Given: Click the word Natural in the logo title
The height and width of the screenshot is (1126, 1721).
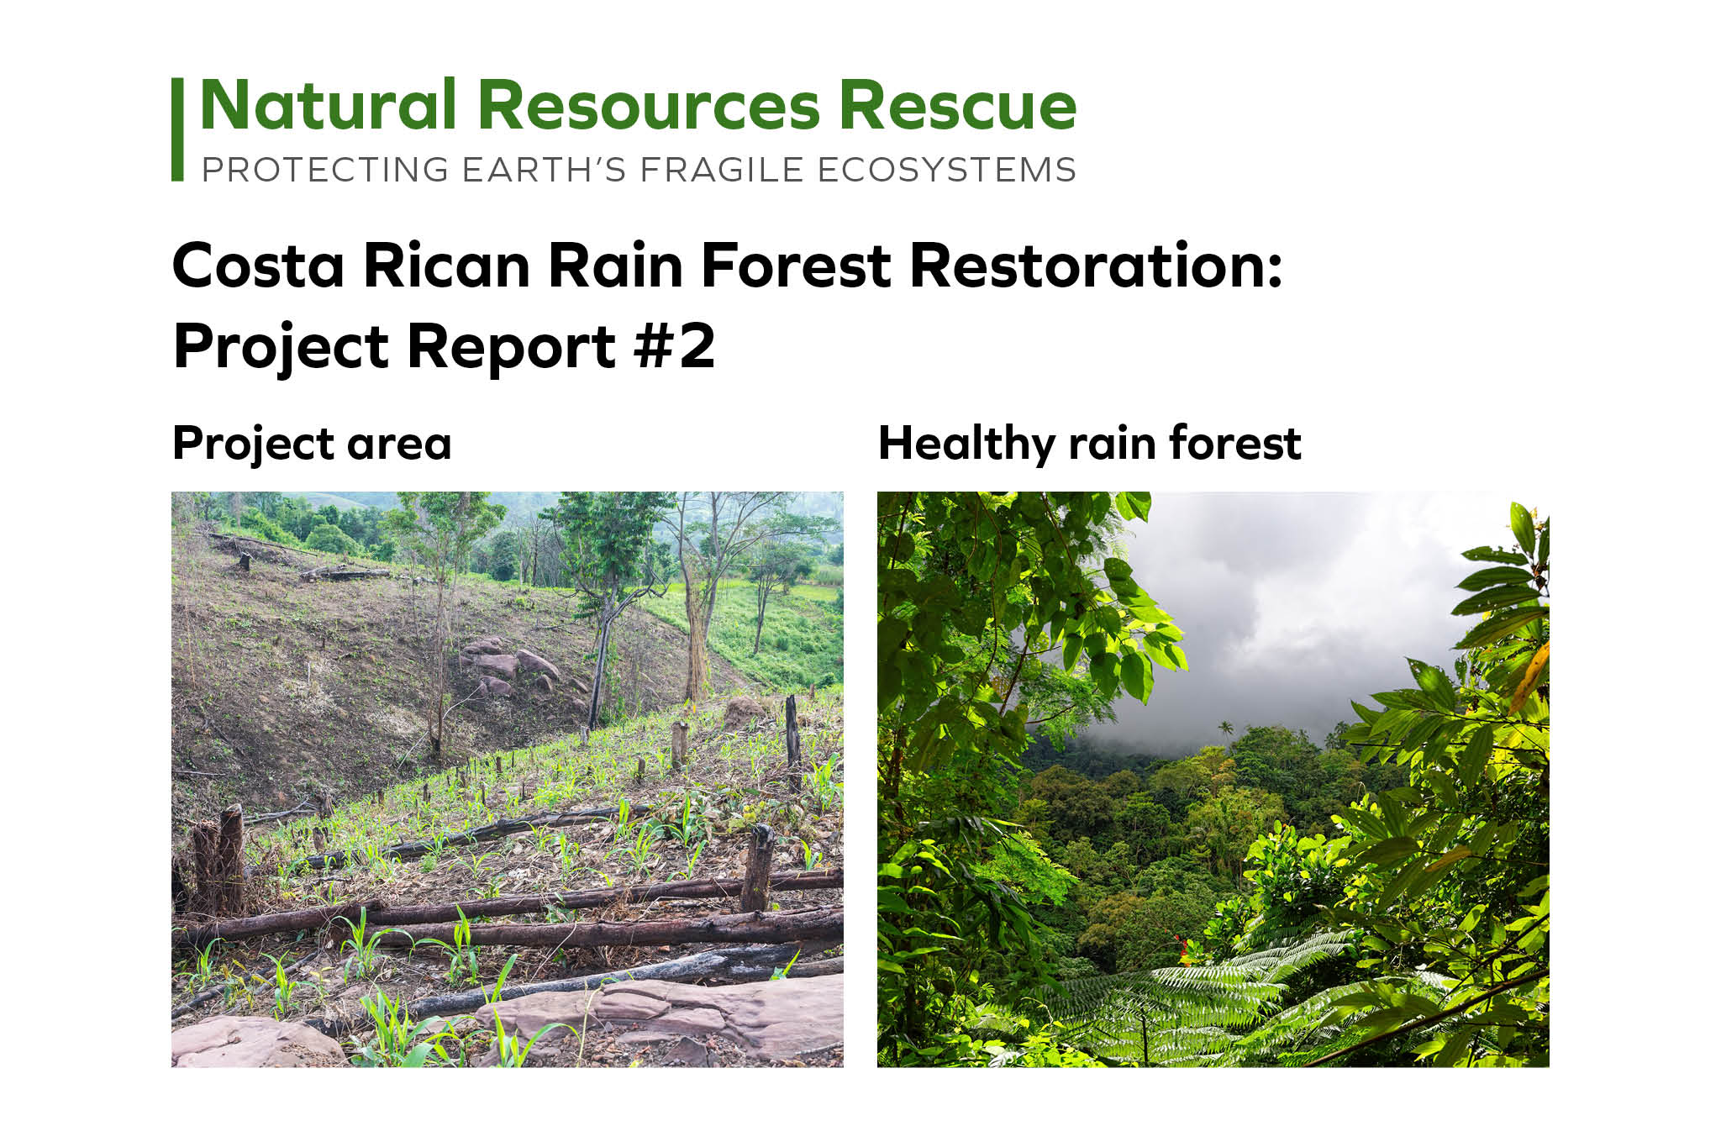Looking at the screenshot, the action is click(x=329, y=105).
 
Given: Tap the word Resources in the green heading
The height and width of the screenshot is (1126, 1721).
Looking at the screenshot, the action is click(x=649, y=105).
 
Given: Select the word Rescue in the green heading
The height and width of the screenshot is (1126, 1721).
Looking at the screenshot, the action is click(x=958, y=105).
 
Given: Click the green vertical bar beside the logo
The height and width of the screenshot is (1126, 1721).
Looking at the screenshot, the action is click(x=177, y=129).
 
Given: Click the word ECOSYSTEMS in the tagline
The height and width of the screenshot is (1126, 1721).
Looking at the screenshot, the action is click(x=946, y=170).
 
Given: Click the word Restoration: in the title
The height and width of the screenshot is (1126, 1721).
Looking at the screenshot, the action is click(x=1097, y=266).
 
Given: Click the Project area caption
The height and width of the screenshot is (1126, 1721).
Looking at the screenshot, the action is click(x=312, y=444).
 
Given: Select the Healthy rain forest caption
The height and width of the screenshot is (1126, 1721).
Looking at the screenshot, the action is click(x=1090, y=444).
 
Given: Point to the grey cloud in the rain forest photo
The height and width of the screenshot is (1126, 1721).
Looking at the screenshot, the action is click(x=1294, y=613).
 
